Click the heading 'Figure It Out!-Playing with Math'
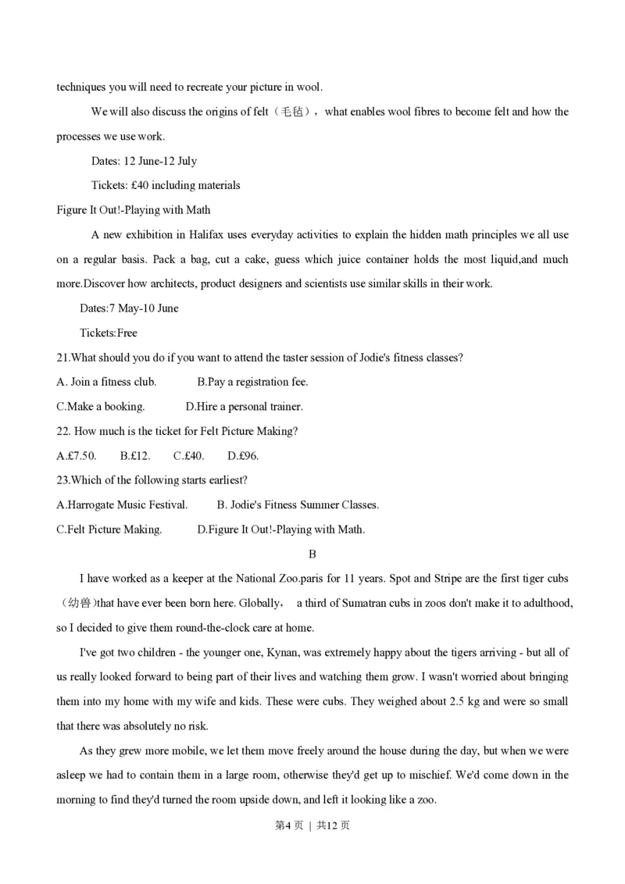coord(134,210)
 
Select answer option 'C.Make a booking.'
coord(101,407)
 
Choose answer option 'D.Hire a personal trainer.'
coord(244,407)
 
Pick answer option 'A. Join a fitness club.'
coord(107,382)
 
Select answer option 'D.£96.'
coord(243,455)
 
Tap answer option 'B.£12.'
coord(135,455)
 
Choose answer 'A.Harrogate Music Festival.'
coord(123,505)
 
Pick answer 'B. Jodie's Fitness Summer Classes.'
coord(298,505)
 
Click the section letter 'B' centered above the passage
coord(312,554)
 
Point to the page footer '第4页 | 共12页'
coord(312,825)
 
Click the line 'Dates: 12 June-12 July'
coord(145,161)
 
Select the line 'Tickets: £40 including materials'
coord(166,186)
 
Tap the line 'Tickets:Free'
coord(109,333)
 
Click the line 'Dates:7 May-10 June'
coord(129,308)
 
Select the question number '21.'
coord(63,358)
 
